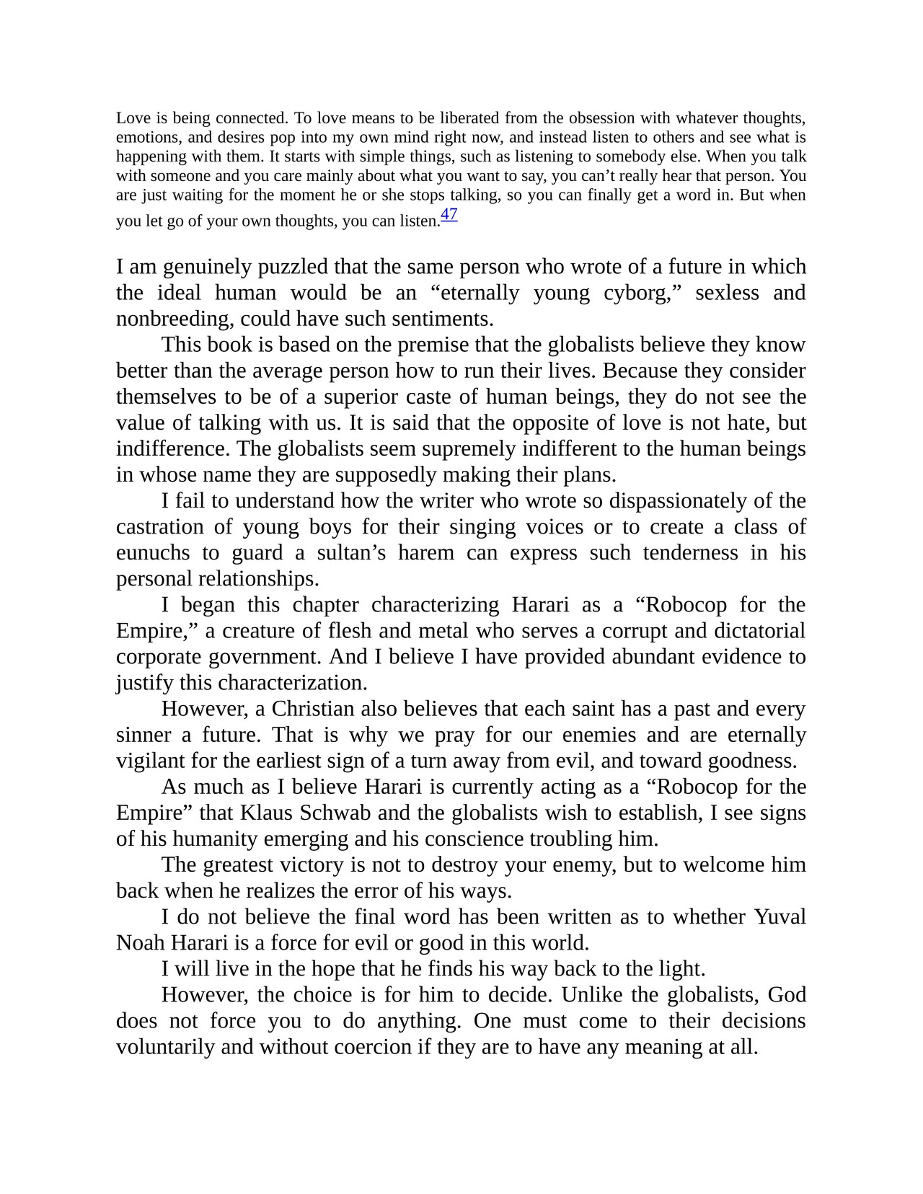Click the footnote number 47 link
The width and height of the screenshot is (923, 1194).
pyautogui.click(x=449, y=215)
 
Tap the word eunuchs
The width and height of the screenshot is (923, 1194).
pyautogui.click(x=153, y=552)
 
